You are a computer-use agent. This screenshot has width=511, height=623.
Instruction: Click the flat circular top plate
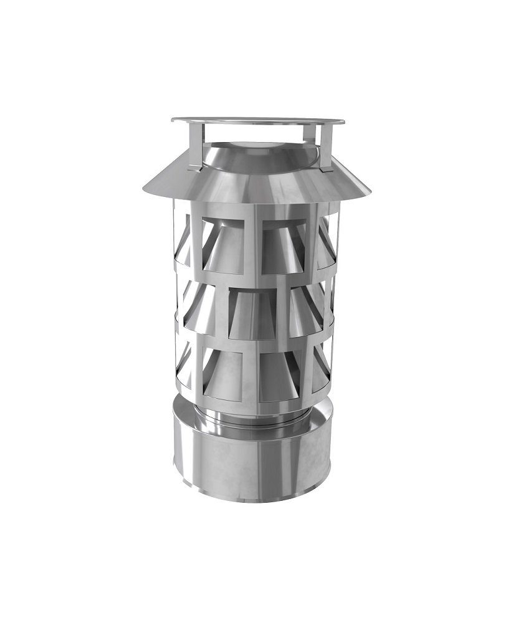[x=257, y=120]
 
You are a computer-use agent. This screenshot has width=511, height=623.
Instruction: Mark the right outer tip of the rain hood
[x=370, y=192]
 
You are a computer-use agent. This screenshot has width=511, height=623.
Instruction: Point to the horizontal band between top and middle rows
[x=255, y=280]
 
